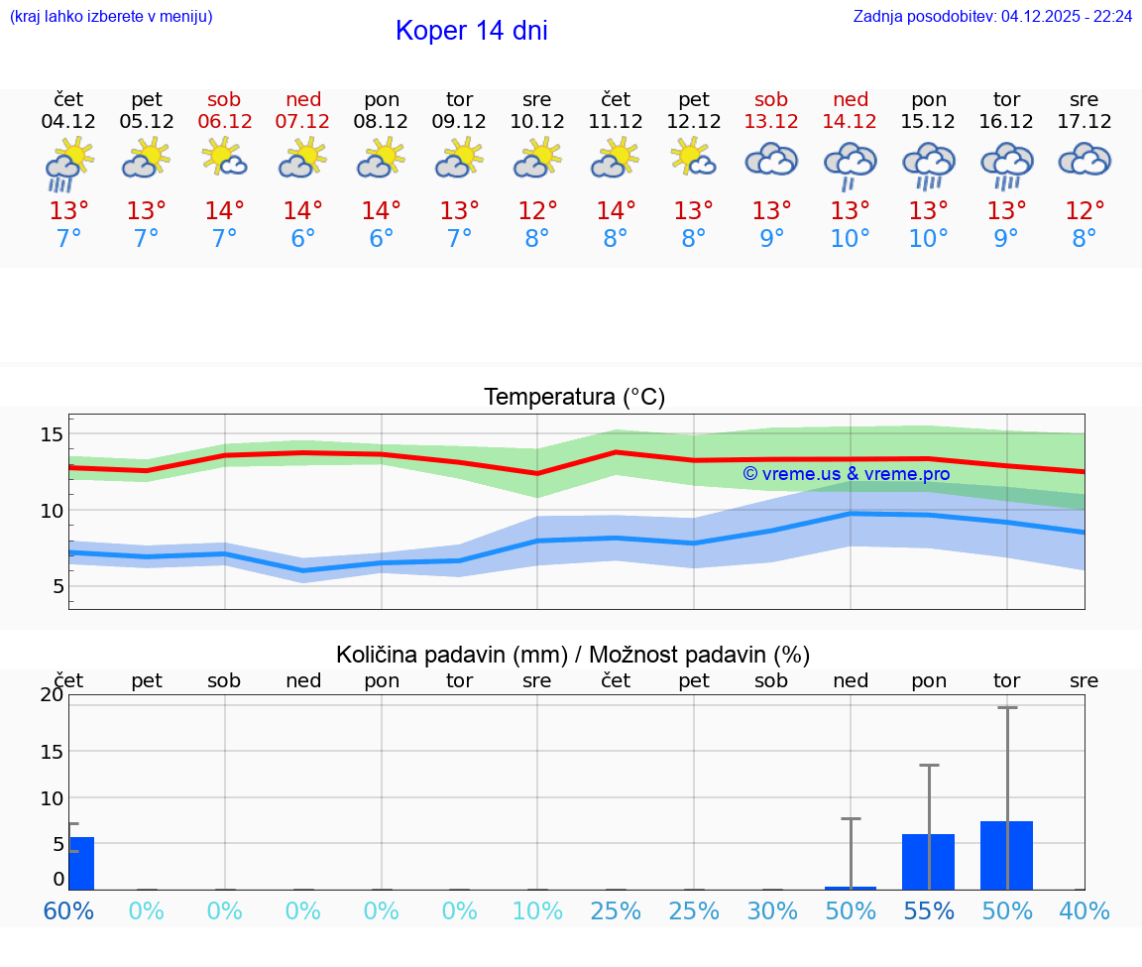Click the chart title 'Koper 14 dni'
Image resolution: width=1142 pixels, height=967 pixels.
point(471,31)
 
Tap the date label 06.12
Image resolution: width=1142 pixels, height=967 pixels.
point(224,121)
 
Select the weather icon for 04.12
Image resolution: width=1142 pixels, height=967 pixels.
point(68,164)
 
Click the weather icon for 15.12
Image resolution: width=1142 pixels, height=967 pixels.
point(928,164)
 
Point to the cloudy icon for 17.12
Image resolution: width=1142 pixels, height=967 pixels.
point(1085,160)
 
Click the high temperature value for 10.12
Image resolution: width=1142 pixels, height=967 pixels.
point(537,211)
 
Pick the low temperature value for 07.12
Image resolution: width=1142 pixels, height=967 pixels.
point(302,239)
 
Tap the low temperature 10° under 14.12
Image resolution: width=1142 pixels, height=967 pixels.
point(850,239)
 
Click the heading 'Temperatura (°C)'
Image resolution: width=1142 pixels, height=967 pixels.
point(574,398)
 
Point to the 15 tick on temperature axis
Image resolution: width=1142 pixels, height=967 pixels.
point(53,434)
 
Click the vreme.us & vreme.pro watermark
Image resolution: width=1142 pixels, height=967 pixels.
point(846,474)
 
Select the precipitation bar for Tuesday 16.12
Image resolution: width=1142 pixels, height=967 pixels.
point(1006,855)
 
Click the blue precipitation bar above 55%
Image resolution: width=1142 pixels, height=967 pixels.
point(928,862)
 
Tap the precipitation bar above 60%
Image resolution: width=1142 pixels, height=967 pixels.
point(80,863)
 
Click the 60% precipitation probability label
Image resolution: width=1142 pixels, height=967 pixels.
point(68,910)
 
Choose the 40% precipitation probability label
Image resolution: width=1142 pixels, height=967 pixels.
point(1085,910)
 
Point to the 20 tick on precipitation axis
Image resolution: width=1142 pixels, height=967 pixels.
point(52,695)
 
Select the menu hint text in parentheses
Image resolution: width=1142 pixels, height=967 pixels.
point(111,16)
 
